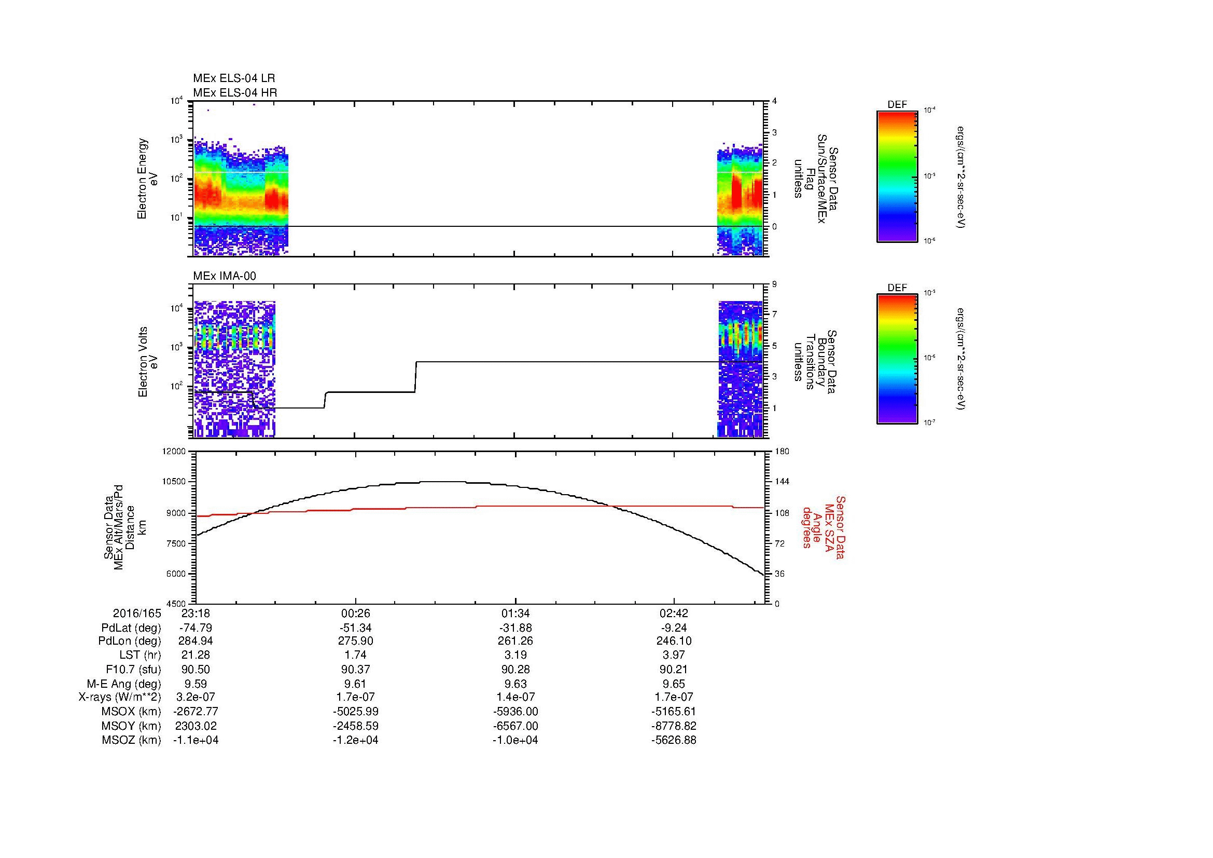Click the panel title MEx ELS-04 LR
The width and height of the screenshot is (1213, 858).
tap(234, 78)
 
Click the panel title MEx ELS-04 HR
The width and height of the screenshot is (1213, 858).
tap(234, 93)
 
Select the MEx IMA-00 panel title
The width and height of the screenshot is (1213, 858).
tap(225, 276)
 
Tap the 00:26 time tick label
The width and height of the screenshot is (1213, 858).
tap(355, 614)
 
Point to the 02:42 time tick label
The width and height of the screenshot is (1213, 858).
tap(674, 614)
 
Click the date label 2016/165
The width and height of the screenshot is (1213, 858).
tap(137, 614)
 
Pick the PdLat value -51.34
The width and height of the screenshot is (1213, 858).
tap(355, 628)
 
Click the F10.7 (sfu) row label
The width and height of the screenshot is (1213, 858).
tap(133, 669)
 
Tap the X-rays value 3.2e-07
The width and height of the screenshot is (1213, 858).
tap(196, 697)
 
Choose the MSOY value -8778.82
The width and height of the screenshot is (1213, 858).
tap(674, 726)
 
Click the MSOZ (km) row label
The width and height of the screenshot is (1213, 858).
tap(132, 740)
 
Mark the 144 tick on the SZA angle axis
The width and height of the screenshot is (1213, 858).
tap(782, 482)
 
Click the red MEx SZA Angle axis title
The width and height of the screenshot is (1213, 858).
tap(823, 527)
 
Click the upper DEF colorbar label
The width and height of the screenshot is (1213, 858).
tap(897, 105)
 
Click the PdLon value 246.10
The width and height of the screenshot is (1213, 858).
tap(674, 641)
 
